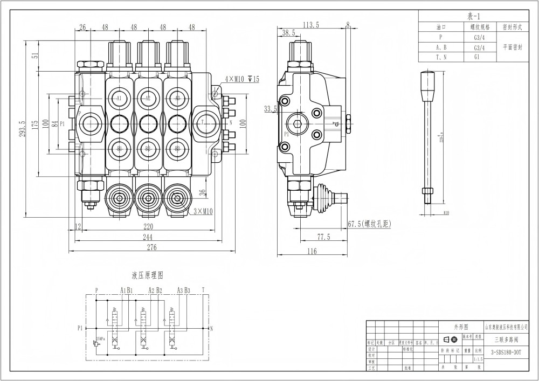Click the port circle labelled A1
pyautogui.click(x=119, y=98)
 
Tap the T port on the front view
pyautogui.click(x=203, y=122)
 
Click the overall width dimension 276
pyautogui.click(x=151, y=247)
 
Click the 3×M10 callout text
pyautogui.click(x=203, y=212)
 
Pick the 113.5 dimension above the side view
pyautogui.click(x=311, y=24)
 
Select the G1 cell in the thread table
pyautogui.click(x=476, y=57)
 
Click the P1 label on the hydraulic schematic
pyautogui.click(x=80, y=328)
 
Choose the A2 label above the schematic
pyautogui.click(x=151, y=290)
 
